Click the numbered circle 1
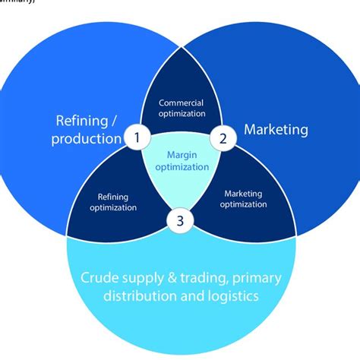[137, 138]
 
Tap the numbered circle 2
[223, 138]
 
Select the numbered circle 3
[181, 222]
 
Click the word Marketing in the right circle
[276, 130]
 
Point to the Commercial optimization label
[182, 108]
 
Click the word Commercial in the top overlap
[182, 103]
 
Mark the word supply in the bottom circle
[141, 277]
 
